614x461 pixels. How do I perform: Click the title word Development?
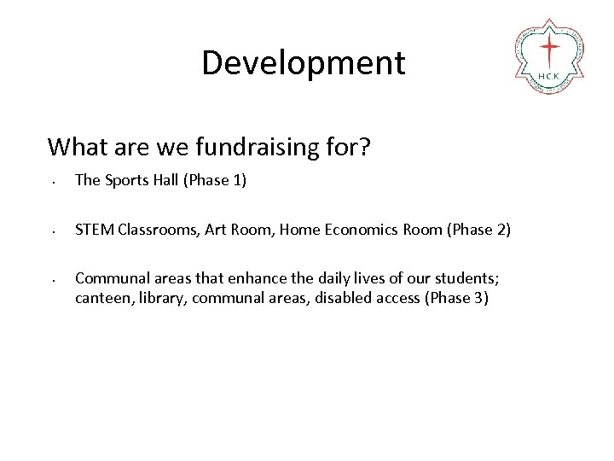[x=303, y=62]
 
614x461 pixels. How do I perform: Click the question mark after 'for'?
[x=364, y=147]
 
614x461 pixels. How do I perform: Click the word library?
[x=165, y=298]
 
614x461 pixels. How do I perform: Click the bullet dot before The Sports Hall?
[x=53, y=183]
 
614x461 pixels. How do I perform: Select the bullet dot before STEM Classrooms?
[x=53, y=231]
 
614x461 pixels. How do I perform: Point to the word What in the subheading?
[x=75, y=147]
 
